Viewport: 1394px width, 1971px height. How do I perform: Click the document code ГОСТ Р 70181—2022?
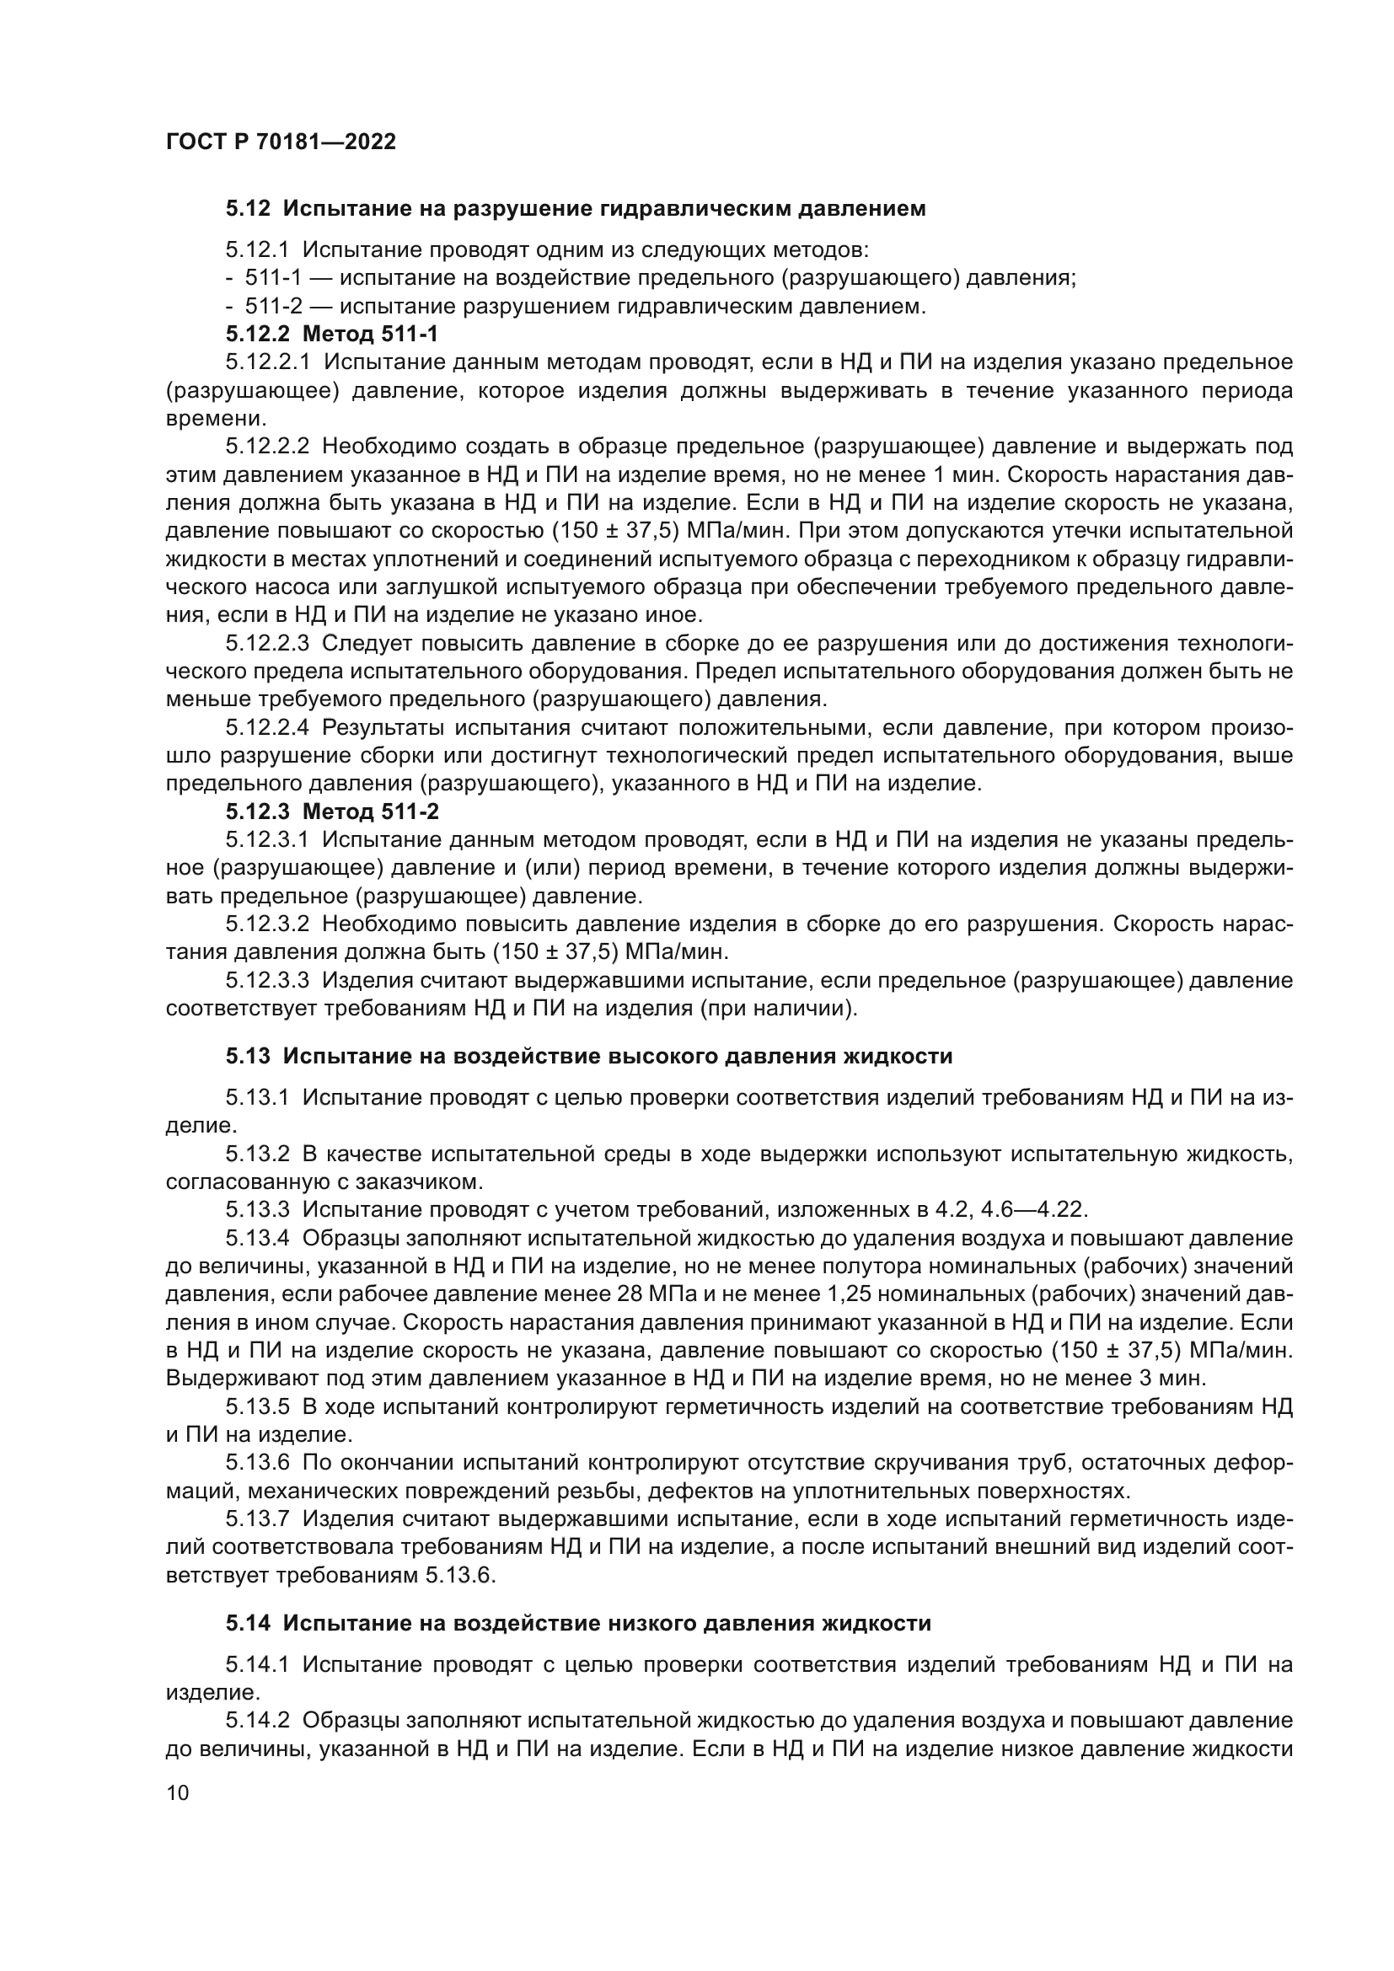click(x=281, y=142)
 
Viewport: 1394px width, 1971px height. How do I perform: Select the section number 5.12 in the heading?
click(x=248, y=209)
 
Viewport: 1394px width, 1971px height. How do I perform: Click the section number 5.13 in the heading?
click(x=248, y=1056)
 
